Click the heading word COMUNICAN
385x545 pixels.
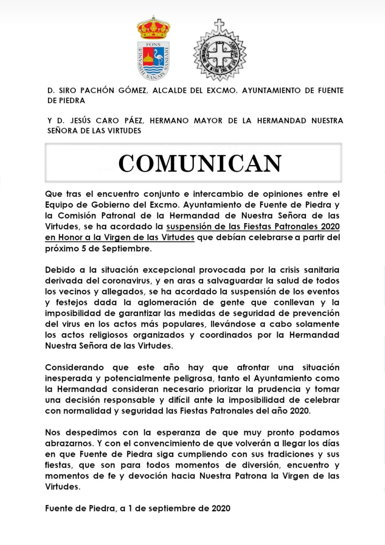tap(200, 163)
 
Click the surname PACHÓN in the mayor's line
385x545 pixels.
tap(97, 90)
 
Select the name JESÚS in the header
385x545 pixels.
tap(81, 121)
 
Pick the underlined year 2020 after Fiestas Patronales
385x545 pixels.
tap(330, 226)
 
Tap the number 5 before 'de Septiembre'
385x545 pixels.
tap(84, 248)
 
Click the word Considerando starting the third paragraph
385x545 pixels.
tap(75, 367)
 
